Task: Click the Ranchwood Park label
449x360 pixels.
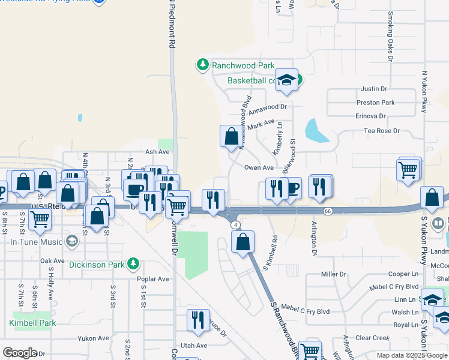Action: click(243, 65)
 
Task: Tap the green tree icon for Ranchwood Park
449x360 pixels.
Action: click(203, 64)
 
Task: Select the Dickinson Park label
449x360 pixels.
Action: click(98, 264)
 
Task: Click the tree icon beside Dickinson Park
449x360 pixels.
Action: click(133, 263)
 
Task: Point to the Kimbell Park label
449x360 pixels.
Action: click(32, 323)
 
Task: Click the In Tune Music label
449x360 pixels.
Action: click(37, 242)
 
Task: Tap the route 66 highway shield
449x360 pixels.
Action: click(328, 211)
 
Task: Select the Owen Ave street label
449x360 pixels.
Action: click(259, 168)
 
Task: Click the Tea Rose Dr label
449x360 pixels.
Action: click(381, 131)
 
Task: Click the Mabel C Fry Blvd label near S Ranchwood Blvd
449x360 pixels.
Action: click(306, 311)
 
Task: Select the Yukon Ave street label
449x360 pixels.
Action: click(94, 338)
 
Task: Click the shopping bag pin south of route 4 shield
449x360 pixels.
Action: click(243, 242)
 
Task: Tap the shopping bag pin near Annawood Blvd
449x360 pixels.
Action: click(231, 137)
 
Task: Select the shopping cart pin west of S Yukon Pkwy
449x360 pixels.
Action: click(408, 170)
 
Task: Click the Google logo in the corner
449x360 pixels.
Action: click(20, 353)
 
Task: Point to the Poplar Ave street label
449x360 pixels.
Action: click(153, 279)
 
